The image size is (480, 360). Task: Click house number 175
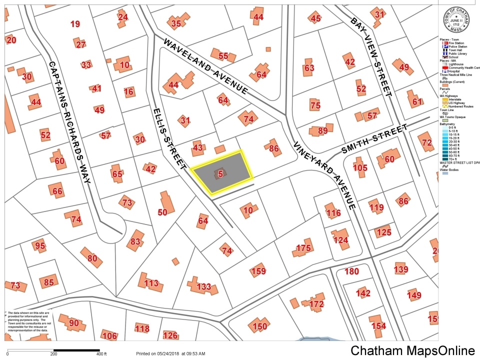[x=303, y=248]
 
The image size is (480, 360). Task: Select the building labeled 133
[x=203, y=286]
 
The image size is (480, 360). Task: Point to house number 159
[x=258, y=271]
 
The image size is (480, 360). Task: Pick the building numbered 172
[x=316, y=303]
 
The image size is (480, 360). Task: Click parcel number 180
[x=351, y=271]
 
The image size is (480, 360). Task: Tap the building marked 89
[x=322, y=130]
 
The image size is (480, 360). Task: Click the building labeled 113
[x=151, y=283]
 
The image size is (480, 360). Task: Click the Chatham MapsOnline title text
[x=412, y=350]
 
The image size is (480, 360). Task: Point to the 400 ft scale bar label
[x=101, y=354]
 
